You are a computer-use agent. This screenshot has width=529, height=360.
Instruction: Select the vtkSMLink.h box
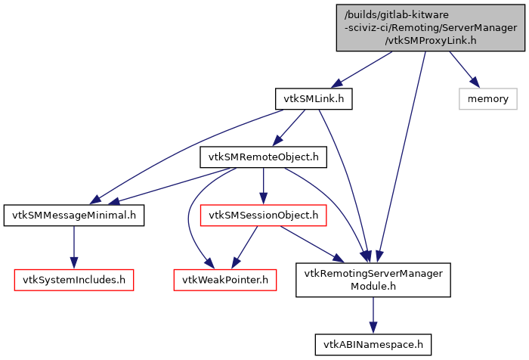(314, 98)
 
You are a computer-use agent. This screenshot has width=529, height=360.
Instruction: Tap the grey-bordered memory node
(487, 98)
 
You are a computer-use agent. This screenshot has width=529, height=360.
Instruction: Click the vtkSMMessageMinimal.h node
(73, 216)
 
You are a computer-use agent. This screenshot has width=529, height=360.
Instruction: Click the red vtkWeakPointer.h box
(225, 279)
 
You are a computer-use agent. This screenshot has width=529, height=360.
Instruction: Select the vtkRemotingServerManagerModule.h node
(373, 279)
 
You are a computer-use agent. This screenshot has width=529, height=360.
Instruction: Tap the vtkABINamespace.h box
(373, 344)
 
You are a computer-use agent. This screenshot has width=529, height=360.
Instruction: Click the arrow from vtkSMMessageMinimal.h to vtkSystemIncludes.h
(73, 247)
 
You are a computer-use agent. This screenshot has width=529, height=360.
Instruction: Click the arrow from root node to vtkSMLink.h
(360, 70)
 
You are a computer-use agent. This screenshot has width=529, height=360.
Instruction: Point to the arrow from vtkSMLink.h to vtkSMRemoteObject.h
(290, 126)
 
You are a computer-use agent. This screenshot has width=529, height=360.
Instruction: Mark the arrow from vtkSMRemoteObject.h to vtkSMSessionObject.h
(263, 186)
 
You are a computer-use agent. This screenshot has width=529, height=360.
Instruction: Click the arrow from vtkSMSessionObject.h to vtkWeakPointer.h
(245, 247)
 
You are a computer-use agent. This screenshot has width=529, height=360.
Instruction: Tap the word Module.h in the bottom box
(373, 287)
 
